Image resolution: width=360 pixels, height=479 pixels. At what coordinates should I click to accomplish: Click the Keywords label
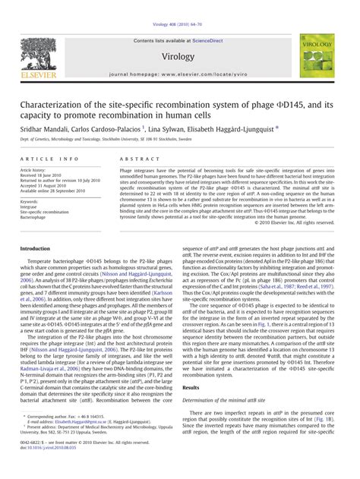point(31,202)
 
